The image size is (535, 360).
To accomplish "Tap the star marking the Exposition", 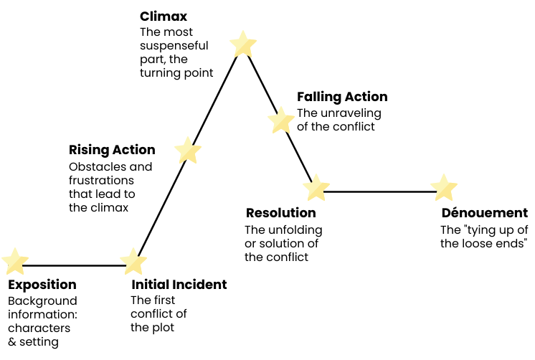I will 15,262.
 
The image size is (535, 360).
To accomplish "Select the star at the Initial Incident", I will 133,262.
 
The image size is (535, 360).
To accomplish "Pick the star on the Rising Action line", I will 188,151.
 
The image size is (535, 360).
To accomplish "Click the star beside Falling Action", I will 281,120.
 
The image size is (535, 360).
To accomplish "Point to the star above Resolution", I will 316,188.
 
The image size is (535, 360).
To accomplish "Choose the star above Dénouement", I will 444,188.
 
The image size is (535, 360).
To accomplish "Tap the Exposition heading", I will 42,285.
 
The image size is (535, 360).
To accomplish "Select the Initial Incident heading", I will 179,285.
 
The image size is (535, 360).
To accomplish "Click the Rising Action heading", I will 112,150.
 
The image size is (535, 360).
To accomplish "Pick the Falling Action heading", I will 342,97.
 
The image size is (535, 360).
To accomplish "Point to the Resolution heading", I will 280,213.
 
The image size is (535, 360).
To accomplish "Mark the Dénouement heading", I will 484,213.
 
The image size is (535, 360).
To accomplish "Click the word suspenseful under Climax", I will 174,45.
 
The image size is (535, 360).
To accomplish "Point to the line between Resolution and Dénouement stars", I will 380,191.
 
